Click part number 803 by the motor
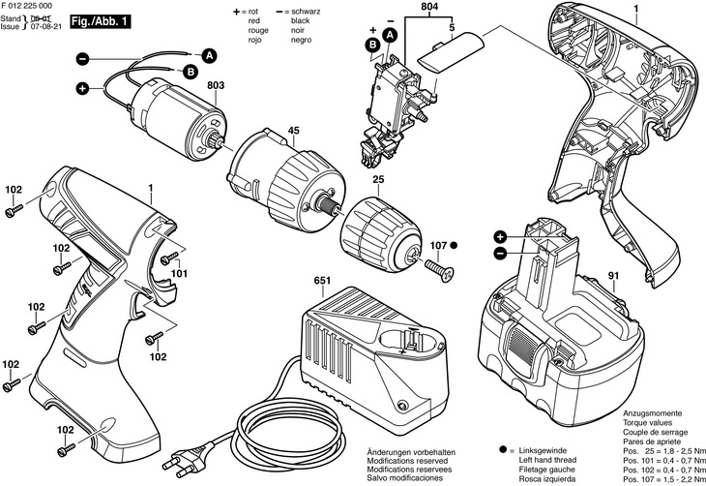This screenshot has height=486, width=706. pyautogui.click(x=215, y=87)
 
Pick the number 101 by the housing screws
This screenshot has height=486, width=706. pyautogui.click(x=180, y=273)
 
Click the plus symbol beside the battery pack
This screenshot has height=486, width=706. pyautogui.click(x=500, y=236)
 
